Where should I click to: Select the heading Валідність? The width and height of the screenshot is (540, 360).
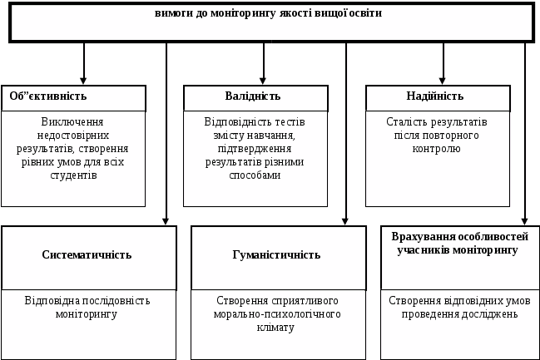click(x=230, y=96)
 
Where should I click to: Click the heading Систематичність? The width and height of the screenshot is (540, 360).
click(x=87, y=254)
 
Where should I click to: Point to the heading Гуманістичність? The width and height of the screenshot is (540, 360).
click(x=278, y=254)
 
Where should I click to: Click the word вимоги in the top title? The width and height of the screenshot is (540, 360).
click(x=172, y=13)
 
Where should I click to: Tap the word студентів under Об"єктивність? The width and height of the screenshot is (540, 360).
click(x=75, y=175)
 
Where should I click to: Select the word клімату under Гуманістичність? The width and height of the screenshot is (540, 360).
click(x=278, y=328)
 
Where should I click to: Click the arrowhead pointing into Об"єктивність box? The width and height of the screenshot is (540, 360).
click(x=84, y=80)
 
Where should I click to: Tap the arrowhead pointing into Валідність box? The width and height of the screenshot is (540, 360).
click(x=264, y=80)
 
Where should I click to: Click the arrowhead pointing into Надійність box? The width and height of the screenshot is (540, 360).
click(x=443, y=80)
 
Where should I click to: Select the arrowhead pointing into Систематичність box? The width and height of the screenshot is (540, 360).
click(x=166, y=220)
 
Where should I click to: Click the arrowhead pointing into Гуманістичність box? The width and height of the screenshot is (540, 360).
click(x=346, y=220)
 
